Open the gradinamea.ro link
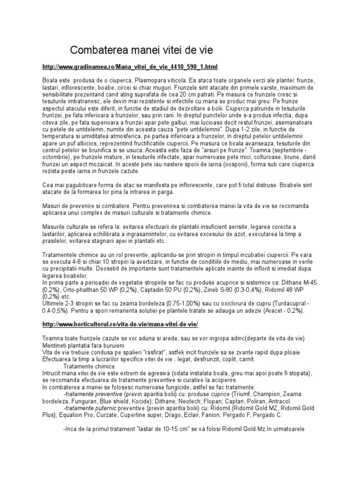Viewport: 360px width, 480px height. (x=130, y=67)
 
